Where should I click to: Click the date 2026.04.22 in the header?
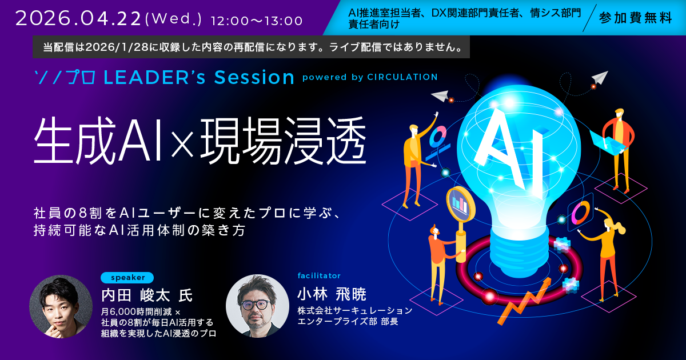(78, 18)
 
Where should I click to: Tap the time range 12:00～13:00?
(257, 21)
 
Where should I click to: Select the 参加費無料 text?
(635, 18)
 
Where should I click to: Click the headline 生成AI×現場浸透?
(200, 141)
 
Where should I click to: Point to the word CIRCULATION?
(402, 77)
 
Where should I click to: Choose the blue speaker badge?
(127, 278)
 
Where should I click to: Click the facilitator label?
(319, 276)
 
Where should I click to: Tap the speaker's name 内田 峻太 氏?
(147, 295)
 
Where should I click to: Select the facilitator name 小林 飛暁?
(332, 294)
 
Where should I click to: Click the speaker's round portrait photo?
(61, 306)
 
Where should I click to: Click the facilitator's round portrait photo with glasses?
(258, 306)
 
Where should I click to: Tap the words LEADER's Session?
(199, 77)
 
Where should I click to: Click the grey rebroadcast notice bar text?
(252, 47)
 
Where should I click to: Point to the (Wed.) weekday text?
(173, 19)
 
